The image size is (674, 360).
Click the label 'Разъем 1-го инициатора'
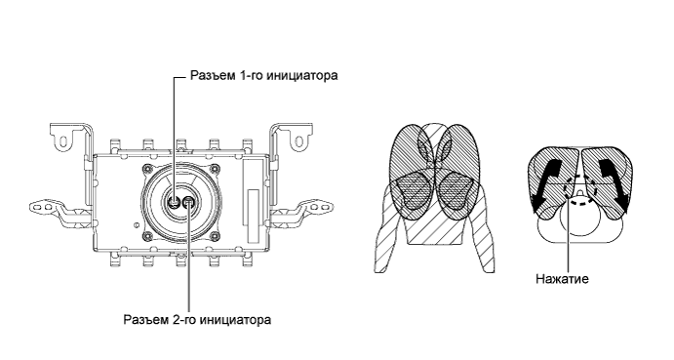pyautogui.click(x=260, y=76)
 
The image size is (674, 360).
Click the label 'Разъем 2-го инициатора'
pyautogui.click(x=197, y=319)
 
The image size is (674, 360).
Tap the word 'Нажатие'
pyautogui.click(x=564, y=277)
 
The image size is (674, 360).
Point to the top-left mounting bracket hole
pyautogui.click(x=64, y=140)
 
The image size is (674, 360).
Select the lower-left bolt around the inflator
pyautogui.click(x=152, y=232)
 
